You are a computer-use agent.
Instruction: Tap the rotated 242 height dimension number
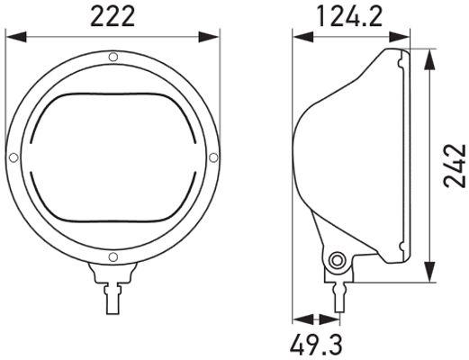pyautogui.click(x=455, y=161)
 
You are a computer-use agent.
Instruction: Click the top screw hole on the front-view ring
pyautogui.click(x=112, y=58)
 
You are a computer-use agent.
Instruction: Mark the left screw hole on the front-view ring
pyautogui.click(x=13, y=158)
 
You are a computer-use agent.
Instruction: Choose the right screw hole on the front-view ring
pyautogui.click(x=212, y=158)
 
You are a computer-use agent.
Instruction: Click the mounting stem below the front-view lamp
pyautogui.click(x=112, y=292)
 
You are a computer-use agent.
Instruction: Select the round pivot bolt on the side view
pyautogui.click(x=338, y=261)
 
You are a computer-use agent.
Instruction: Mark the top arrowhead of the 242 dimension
pyautogui.click(x=429, y=56)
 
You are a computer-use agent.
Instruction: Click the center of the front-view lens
pyautogui.click(x=112, y=158)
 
